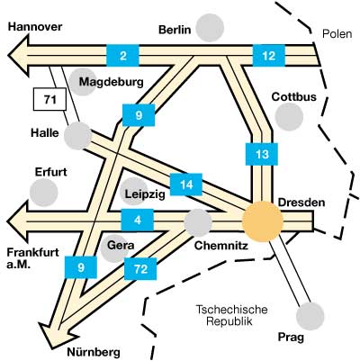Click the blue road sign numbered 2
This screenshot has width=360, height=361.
pos(122,55)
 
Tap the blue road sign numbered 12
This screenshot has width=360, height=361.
pos(269,55)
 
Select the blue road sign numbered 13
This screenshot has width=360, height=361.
pos(262,154)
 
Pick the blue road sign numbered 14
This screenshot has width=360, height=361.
pos(186,185)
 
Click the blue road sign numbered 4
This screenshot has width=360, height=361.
pos(138,220)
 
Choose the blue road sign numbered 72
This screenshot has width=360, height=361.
pos(140,269)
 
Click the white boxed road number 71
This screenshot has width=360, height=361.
pos(49,99)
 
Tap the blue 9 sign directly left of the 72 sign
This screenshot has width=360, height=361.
pos(81,267)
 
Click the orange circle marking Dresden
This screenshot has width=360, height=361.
pos(263,221)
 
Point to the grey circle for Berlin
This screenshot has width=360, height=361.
pos(211,28)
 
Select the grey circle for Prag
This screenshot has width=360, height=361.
pos(310,316)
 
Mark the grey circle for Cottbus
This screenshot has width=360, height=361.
pos(289,117)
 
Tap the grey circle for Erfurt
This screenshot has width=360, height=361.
pos(44,193)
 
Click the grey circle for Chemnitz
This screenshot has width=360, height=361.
pos(198,222)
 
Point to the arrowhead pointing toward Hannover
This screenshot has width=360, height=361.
pos(19,56)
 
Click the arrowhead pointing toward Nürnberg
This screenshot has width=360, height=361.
pos(54,336)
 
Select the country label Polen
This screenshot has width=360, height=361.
pos(337,34)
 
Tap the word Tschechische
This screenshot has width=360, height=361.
pos(231,310)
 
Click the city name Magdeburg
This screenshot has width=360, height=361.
pos(112,82)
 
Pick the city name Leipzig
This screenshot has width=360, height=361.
pos(145,194)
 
